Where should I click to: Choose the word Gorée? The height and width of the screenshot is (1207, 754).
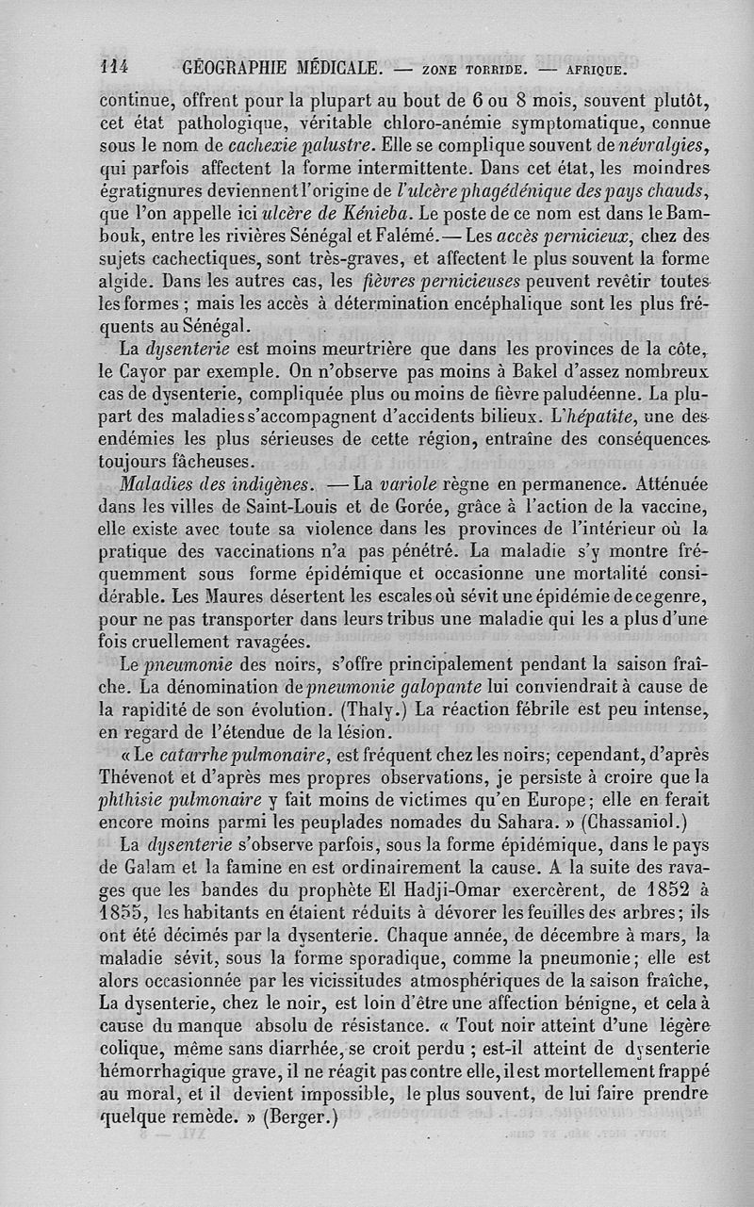443,509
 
